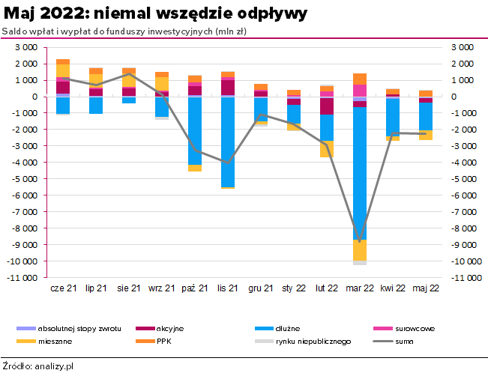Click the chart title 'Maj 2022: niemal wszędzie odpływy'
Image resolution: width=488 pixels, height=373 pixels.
coord(154,14)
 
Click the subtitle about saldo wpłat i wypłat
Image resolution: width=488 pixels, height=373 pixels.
coord(124,31)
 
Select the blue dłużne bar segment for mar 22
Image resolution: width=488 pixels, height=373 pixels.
coord(360,172)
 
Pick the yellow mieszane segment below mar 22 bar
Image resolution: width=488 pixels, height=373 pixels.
coord(360,250)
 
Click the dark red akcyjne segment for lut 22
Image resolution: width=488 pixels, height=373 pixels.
coord(327,106)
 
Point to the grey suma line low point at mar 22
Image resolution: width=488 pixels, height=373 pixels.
coord(360,241)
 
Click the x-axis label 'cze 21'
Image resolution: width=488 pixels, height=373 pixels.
coord(63,288)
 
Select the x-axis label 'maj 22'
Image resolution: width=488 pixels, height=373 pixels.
coord(425,288)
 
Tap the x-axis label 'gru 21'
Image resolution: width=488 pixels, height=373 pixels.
coord(260,288)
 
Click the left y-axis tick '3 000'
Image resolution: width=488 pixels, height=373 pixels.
coord(27,47)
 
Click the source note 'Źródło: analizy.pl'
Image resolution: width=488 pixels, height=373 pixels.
coord(38,366)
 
